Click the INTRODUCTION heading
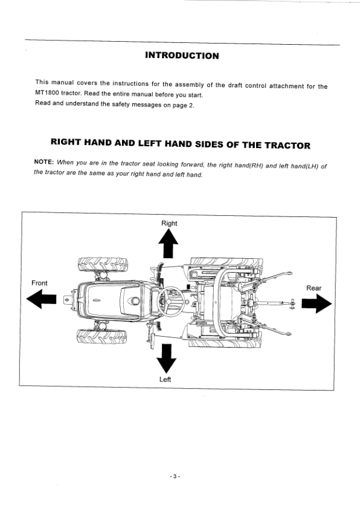(x=182, y=56)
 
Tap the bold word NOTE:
(x=43, y=161)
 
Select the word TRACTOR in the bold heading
(x=288, y=146)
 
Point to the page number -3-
(x=175, y=476)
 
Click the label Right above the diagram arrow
(x=169, y=223)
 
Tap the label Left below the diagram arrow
(x=165, y=379)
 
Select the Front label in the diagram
(x=39, y=283)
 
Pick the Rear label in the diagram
(x=313, y=288)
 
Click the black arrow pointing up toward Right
(x=169, y=244)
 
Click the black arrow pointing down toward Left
(x=166, y=358)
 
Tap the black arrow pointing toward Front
(x=41, y=299)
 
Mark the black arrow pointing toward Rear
(x=317, y=303)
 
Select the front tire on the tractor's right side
(x=103, y=265)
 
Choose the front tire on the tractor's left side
(x=102, y=337)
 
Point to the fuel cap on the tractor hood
(x=135, y=300)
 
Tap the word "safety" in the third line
(x=121, y=105)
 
